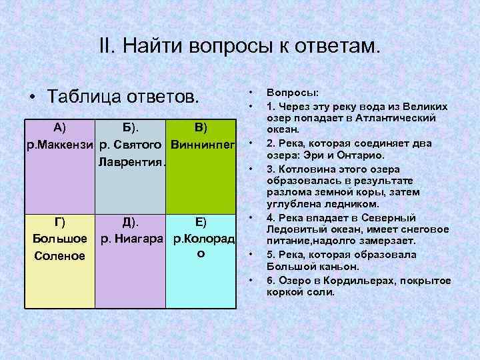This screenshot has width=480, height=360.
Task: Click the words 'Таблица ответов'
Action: (123, 95)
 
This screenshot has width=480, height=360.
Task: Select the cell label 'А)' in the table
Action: (58, 128)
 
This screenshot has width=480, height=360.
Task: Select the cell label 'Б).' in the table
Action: (131, 128)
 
